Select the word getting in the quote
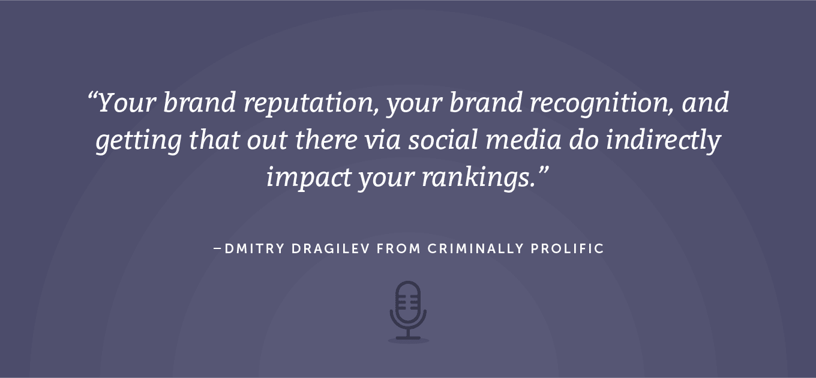pyautogui.click(x=139, y=141)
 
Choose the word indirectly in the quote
pyautogui.click(x=664, y=141)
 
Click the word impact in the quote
pyautogui.click(x=309, y=178)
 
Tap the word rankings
pyautogui.click(x=479, y=178)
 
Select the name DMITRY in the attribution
pyautogui.click(x=254, y=249)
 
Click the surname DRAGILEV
pyautogui.click(x=331, y=249)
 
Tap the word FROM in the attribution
pyautogui.click(x=399, y=249)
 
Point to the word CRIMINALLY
pyautogui.click(x=475, y=249)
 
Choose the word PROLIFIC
pyautogui.click(x=567, y=249)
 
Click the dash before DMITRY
pyautogui.click(x=217, y=249)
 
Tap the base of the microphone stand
pyautogui.click(x=408, y=338)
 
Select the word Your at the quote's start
pyautogui.click(x=127, y=103)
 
